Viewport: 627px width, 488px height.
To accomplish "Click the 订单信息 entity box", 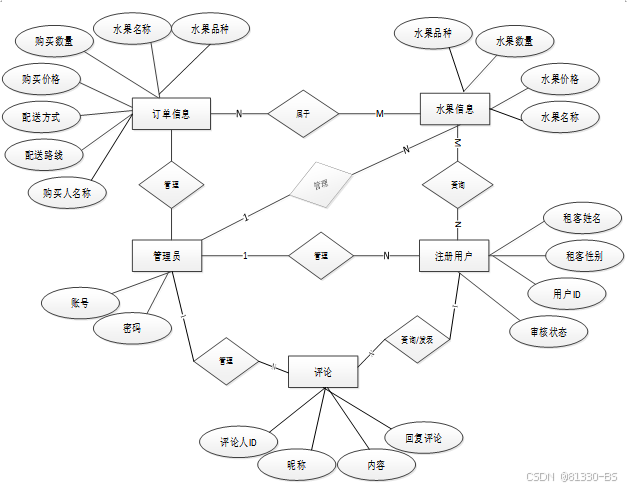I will coord(171,114).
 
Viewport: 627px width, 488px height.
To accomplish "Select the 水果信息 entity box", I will coord(455,109).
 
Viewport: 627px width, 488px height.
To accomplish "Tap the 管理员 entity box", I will coord(167,256).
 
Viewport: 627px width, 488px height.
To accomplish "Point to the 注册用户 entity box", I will coord(454,256).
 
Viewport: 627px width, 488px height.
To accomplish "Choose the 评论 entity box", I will coord(322,372).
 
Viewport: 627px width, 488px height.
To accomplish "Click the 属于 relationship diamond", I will coord(302,114).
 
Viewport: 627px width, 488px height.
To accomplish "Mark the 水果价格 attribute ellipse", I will coord(560,79).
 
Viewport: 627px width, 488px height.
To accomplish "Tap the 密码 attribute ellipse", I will coord(131,327).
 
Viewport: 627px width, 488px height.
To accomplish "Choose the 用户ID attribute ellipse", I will coord(567,295).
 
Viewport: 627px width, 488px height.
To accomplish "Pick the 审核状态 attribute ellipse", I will coord(546,332).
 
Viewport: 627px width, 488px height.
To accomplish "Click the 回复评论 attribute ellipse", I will coord(423,438).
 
